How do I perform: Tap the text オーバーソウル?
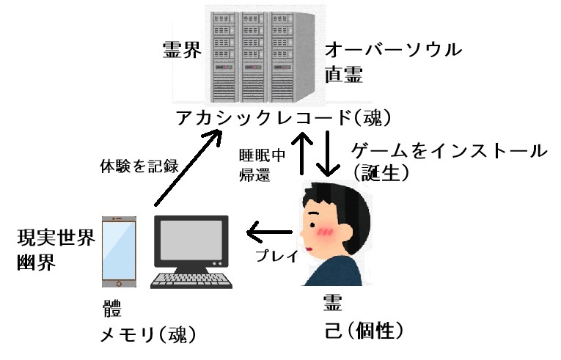click(x=394, y=51)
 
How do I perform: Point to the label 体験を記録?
click(x=139, y=166)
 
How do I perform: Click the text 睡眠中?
click(x=261, y=155)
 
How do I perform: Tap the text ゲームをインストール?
click(x=450, y=151)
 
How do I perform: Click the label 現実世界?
click(x=56, y=239)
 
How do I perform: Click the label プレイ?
click(x=276, y=256)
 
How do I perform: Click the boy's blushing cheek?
click(x=326, y=234)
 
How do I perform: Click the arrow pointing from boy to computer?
click(x=273, y=234)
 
